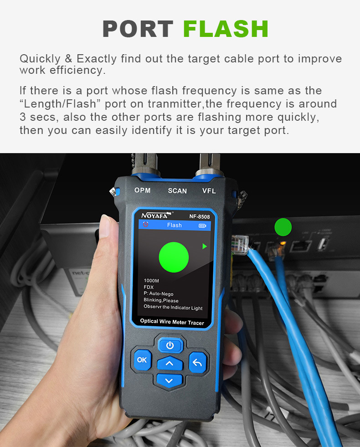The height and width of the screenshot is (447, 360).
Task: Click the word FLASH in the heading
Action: pos(226,29)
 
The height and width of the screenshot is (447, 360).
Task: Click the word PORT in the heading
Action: pos(138,29)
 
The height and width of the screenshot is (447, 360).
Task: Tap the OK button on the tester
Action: pos(142,360)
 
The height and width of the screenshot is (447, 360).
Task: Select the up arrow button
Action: pos(170,364)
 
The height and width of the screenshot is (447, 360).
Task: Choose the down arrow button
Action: pos(170,380)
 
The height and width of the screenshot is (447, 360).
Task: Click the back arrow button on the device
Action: pos(197,363)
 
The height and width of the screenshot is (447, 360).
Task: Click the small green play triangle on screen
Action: pos(205,247)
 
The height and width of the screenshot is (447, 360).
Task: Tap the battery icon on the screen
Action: pos(202,225)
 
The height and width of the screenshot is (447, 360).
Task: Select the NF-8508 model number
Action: pos(199,217)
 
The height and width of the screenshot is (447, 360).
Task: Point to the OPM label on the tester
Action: pos(142,190)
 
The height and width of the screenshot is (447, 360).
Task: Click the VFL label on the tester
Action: pos(209,191)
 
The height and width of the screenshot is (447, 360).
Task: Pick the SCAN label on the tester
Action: pos(177,191)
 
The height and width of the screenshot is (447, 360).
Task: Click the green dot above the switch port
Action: pos(283,226)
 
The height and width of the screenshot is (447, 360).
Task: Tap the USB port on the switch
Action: pos(322,244)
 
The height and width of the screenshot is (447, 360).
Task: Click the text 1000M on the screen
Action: pos(151,281)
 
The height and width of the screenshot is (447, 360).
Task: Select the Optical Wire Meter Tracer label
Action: pos(172,322)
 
